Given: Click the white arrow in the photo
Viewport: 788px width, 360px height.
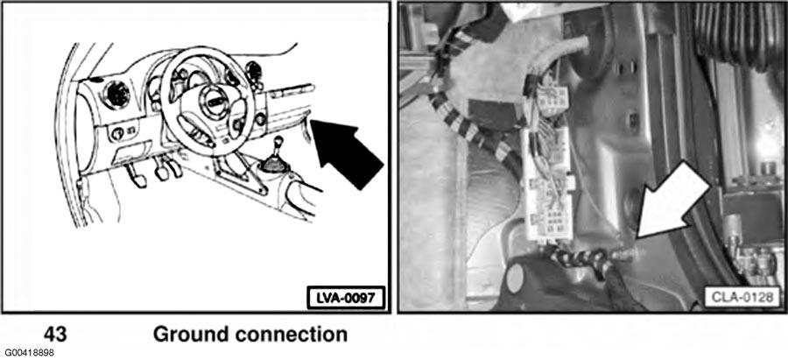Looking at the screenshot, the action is point(673,201).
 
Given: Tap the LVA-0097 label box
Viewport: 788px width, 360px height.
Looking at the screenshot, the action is point(346,298).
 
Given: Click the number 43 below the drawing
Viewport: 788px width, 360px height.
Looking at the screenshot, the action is point(55,335).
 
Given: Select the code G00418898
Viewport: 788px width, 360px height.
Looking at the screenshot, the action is point(28,353).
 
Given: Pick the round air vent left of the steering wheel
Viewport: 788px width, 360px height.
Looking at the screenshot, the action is point(116,94).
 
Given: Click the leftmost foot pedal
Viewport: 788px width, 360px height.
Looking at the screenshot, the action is point(136,176).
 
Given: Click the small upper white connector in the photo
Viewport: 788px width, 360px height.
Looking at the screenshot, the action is point(551,100).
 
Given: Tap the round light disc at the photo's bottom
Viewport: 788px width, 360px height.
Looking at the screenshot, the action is point(515,278).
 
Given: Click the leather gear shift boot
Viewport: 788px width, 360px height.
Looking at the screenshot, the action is point(274,164).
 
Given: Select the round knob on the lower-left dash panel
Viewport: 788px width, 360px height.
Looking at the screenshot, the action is point(116,133).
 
